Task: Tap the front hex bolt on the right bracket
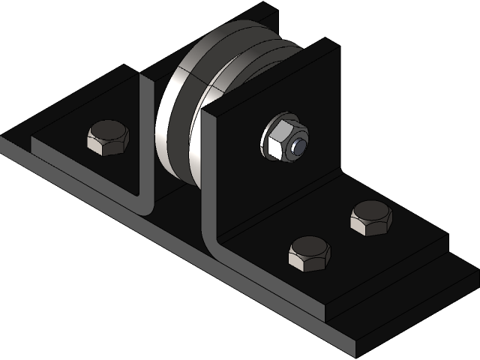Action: [x=309, y=252]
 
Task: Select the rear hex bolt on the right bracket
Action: [x=371, y=218]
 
